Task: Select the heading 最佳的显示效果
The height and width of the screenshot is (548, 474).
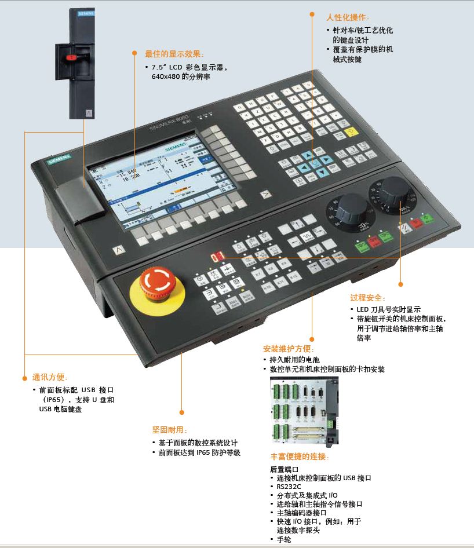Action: pyautogui.click(x=174, y=54)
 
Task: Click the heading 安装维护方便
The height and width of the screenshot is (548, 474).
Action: pyautogui.click(x=288, y=349)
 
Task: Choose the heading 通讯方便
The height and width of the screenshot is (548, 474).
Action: pyautogui.click(x=51, y=378)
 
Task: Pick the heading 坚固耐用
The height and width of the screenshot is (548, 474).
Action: pyautogui.click(x=170, y=430)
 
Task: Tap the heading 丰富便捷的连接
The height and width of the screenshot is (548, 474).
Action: pyautogui.click(x=300, y=456)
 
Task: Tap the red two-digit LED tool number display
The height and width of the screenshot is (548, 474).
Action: pyautogui.click(x=217, y=255)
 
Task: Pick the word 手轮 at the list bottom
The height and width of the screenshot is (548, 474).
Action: pyautogui.click(x=283, y=539)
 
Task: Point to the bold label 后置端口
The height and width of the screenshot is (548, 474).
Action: pyautogui.click(x=284, y=469)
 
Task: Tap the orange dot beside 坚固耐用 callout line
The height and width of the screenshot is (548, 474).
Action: pyautogui.click(x=181, y=412)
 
